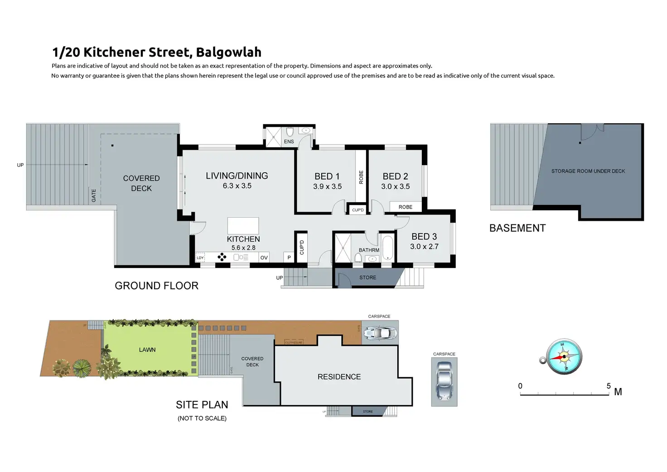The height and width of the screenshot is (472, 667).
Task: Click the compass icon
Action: tap(563, 356)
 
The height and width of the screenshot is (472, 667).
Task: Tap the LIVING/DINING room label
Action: tap(237, 176)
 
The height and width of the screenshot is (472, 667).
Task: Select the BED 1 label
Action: tap(327, 176)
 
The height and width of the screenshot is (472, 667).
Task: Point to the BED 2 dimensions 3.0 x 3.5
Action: tap(395, 186)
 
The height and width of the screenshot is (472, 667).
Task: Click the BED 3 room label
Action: tap(424, 237)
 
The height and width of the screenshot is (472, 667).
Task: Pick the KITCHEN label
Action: tap(243, 239)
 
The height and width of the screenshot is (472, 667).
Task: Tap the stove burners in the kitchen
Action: tap(222, 258)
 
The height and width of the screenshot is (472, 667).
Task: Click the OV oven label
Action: tap(264, 258)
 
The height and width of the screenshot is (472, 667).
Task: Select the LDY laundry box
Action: tap(200, 258)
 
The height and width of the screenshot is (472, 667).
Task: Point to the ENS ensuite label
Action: tap(289, 141)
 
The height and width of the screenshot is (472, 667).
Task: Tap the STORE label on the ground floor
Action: tap(367, 277)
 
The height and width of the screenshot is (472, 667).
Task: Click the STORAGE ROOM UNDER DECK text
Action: tap(588, 171)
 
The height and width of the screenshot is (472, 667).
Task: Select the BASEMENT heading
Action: tap(517, 228)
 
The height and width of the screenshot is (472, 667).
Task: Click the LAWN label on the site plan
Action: tap(147, 350)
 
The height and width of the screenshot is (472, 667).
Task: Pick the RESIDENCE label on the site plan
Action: tap(339, 377)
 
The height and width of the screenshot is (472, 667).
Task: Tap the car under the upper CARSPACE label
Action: tap(380, 333)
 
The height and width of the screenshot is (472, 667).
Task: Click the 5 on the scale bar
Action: tap(609, 386)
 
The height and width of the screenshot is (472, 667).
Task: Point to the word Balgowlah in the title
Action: tap(229, 52)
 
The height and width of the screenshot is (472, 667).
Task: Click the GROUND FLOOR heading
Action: tap(156, 286)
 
